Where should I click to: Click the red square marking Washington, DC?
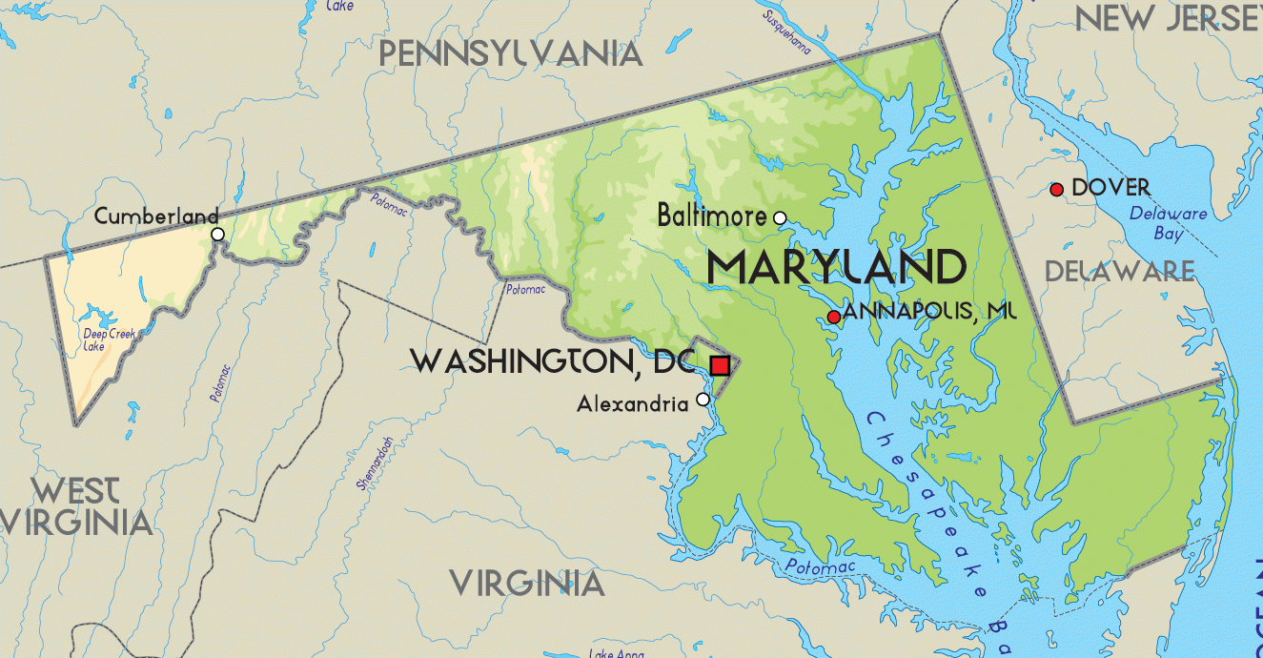point(720,365)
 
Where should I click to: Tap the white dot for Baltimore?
point(780,218)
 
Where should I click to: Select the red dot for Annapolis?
point(834,317)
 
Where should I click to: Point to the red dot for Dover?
point(1056,190)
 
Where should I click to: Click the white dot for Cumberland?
point(217,234)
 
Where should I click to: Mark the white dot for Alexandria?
point(703,400)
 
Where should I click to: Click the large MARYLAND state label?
point(836,268)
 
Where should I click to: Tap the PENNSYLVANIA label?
point(510,53)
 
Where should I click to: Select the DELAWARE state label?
point(1119,272)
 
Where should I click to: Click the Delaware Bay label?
point(1168,223)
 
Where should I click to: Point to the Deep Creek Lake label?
point(109,339)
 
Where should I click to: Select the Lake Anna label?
point(616,653)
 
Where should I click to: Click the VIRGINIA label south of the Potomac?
point(527,583)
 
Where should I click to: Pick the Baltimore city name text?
point(711,216)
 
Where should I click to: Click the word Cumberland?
point(156,216)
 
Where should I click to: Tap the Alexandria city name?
point(632,404)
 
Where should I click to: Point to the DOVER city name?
point(1110,188)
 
